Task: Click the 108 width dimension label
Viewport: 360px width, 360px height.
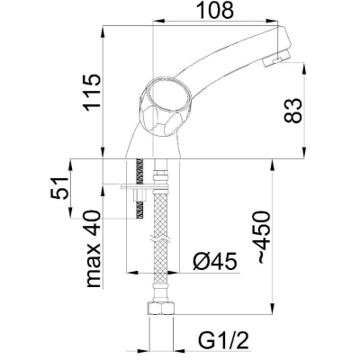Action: (x=216, y=11)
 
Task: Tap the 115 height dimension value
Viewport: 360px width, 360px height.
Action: (x=92, y=93)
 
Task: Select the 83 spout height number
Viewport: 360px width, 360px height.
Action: (x=292, y=110)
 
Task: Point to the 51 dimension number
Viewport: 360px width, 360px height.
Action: (x=61, y=188)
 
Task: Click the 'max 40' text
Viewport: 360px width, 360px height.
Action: (x=93, y=249)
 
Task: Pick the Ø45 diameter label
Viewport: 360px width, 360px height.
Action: (x=215, y=261)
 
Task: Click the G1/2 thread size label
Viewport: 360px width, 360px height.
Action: (x=223, y=341)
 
